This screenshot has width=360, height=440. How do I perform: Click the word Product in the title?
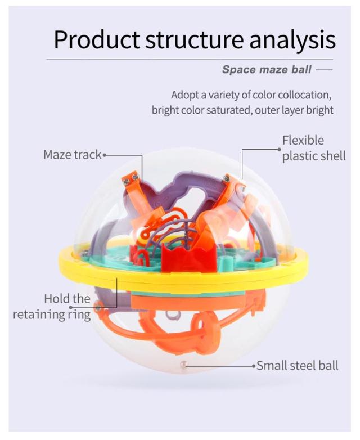[x=97, y=39]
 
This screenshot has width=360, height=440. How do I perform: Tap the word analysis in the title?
[x=292, y=40]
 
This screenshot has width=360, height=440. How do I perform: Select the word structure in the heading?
[x=195, y=40]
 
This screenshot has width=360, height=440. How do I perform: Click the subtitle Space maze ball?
[x=267, y=69]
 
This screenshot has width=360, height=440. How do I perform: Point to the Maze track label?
[x=73, y=155]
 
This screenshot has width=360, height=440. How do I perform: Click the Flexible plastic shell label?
[x=314, y=148]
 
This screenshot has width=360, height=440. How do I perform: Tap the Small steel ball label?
[x=298, y=366]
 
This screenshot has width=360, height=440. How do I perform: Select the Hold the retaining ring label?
[x=52, y=307]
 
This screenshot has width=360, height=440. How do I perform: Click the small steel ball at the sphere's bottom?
[x=183, y=365]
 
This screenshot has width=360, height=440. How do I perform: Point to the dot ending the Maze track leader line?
[x=105, y=155]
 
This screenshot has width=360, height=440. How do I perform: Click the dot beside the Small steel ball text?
[x=254, y=366]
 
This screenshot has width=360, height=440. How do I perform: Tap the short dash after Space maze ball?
[x=324, y=69]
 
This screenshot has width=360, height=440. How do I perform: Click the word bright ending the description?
[x=319, y=110]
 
